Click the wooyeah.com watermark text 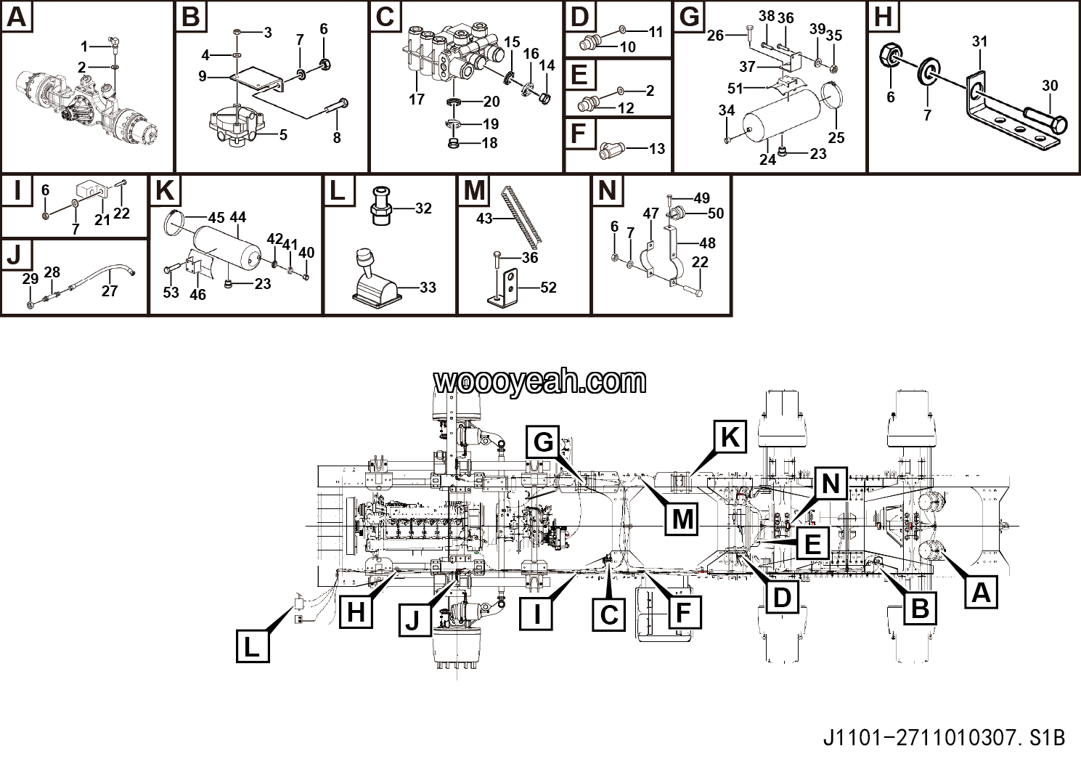tap(539, 381)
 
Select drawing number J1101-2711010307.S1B tap(944, 738)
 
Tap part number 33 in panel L tap(428, 288)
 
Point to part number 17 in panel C tap(416, 98)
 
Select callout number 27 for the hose tap(110, 291)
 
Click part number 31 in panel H tap(979, 41)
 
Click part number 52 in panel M tap(548, 288)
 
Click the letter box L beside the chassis tap(252, 646)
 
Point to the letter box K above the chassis tap(730, 437)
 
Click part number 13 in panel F tap(656, 149)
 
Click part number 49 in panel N tap(701, 198)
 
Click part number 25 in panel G tap(836, 137)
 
